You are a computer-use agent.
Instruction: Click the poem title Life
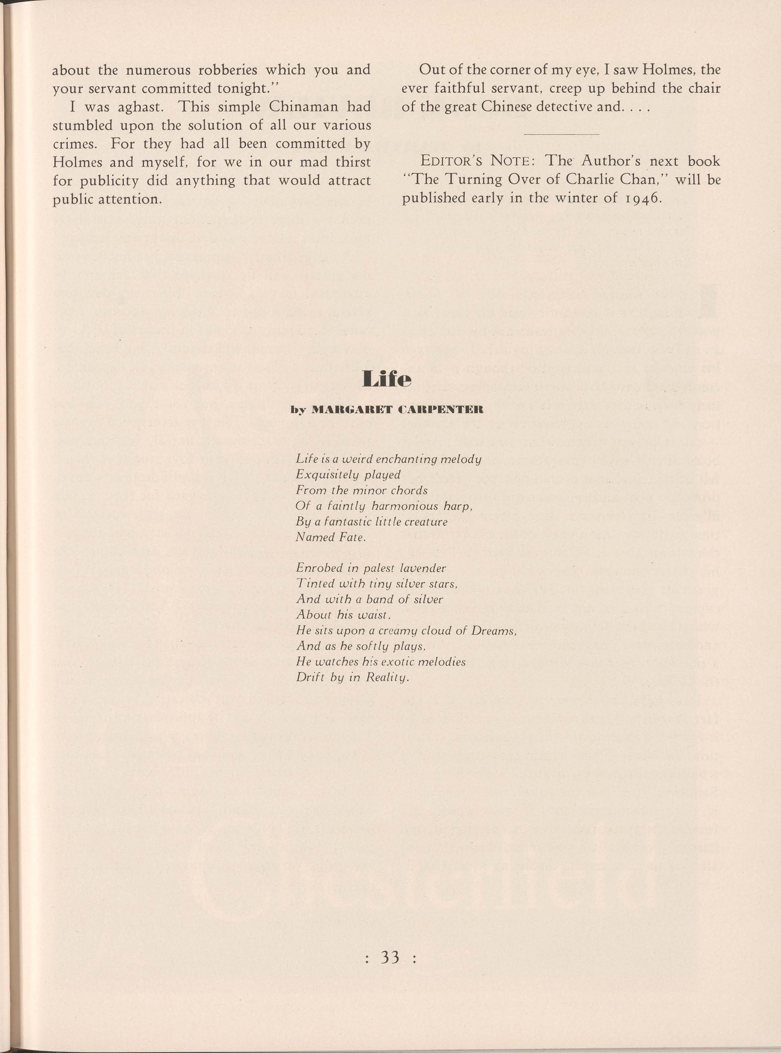[x=386, y=379]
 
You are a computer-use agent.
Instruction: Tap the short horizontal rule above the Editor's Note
[x=561, y=134]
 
